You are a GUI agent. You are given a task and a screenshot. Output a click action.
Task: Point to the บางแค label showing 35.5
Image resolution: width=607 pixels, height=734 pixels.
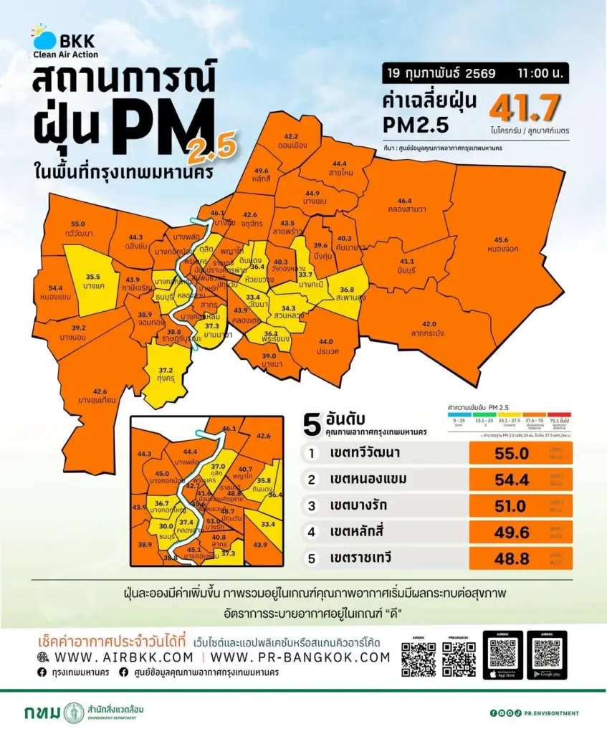[93, 281]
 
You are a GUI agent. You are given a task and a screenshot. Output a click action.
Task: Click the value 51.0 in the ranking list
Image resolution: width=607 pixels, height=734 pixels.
[512, 505]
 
